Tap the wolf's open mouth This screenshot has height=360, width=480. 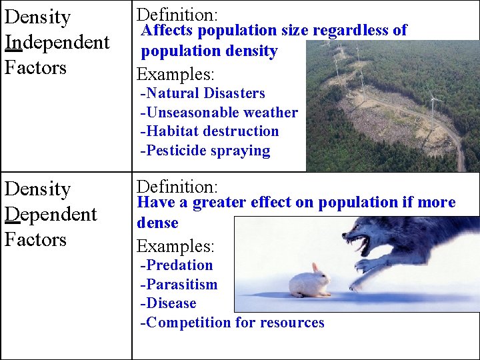361,243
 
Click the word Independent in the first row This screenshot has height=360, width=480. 57,42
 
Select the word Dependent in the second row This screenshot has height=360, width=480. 51,214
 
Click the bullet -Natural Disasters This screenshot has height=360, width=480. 203,93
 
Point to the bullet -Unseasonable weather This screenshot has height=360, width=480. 219,113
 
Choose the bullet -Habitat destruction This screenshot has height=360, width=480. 209,131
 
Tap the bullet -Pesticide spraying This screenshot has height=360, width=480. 205,151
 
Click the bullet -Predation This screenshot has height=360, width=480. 177,265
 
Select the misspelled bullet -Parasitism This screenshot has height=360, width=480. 179,285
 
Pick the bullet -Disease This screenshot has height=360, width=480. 168,303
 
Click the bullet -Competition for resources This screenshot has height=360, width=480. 232,323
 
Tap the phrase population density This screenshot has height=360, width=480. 209,51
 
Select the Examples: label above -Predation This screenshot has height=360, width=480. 175,246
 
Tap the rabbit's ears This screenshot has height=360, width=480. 315,268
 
